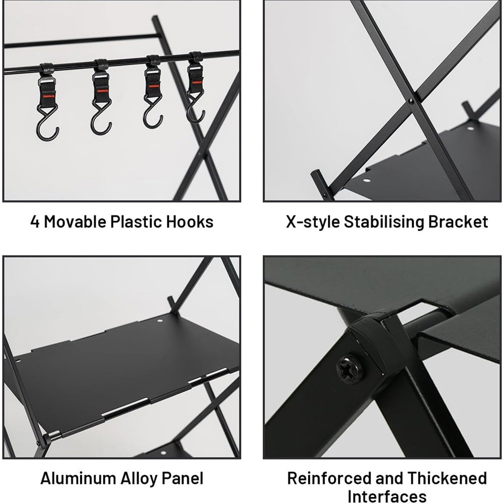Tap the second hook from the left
[x=101, y=96]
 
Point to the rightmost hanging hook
[x=196, y=87]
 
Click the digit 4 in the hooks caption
[x=35, y=222]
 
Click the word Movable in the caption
[x=75, y=221]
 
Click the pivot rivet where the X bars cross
[x=410, y=101]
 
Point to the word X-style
[x=312, y=222]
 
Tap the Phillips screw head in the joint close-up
[x=350, y=368]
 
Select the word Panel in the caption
[x=182, y=478]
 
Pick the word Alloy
[x=139, y=479]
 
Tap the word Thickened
[x=447, y=478]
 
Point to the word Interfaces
[x=387, y=496]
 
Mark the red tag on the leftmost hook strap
[x=48, y=95]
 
